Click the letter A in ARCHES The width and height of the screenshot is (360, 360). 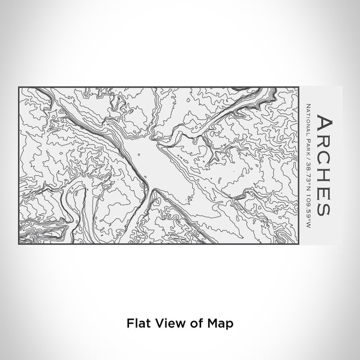click(x=323, y=123)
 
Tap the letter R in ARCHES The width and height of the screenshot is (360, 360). click(x=323, y=142)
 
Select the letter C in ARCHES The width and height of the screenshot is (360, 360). click(x=323, y=159)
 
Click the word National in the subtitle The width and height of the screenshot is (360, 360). click(x=307, y=118)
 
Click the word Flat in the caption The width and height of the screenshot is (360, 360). click(x=136, y=323)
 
